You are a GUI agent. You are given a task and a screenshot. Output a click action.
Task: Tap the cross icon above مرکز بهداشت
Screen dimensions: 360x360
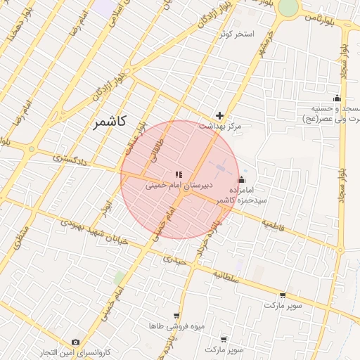click(220, 115)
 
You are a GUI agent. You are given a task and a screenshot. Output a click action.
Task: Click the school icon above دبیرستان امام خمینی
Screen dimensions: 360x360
click(179, 174)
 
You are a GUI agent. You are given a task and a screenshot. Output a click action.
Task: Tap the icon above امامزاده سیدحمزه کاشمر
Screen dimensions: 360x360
click(241, 179)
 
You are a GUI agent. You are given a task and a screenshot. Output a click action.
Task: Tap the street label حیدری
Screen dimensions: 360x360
click(174, 259)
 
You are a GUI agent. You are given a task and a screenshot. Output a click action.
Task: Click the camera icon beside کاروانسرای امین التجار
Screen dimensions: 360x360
click(76, 342)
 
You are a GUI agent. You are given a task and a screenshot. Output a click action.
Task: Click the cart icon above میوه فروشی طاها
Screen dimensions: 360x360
click(176, 316)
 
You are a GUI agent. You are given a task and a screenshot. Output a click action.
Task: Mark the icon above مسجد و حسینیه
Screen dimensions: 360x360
click(337, 98)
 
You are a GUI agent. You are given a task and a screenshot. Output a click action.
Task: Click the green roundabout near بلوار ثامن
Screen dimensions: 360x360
click(288, 7)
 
